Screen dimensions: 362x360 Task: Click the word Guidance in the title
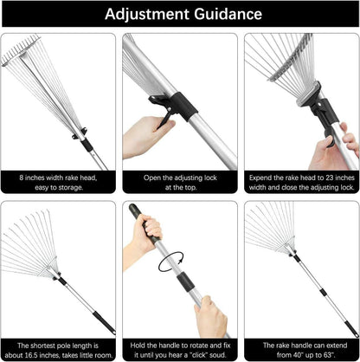tap(222, 15)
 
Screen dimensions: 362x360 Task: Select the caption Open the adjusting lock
tap(180, 180)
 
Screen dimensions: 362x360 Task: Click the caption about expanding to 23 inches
tap(300, 180)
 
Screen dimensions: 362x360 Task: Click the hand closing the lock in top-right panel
tap(333, 147)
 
